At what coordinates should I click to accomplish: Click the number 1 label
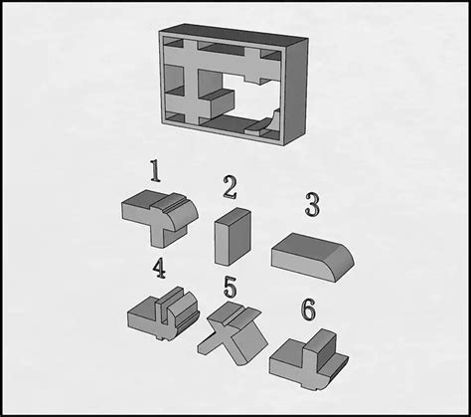tap(154, 170)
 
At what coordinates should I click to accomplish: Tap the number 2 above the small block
tap(230, 186)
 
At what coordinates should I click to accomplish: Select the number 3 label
tap(311, 206)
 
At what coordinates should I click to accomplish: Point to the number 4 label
tap(159, 268)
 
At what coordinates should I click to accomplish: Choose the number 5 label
tap(230, 289)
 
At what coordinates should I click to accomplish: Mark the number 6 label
tap(309, 311)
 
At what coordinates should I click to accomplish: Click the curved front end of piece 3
tap(344, 262)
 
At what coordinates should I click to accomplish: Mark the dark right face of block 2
tap(243, 236)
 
